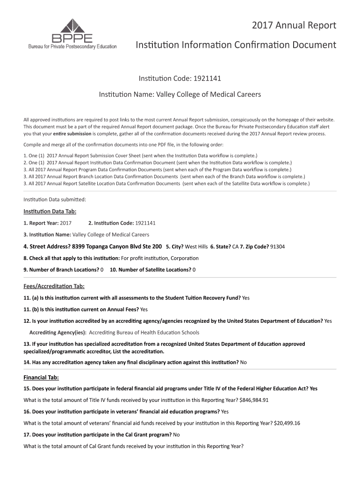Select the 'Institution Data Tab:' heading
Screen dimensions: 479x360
point(46,211)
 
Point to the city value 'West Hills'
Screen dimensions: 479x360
point(196,247)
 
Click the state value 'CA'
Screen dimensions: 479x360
point(235,247)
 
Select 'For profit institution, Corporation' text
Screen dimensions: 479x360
point(159,258)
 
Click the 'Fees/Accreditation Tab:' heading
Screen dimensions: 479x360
point(54,286)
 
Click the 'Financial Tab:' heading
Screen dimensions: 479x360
point(41,377)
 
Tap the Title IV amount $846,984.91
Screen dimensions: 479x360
point(254,400)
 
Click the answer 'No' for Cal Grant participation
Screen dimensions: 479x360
point(176,435)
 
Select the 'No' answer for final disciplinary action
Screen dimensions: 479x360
point(243,362)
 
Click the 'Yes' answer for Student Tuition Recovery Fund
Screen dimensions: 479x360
point(246,298)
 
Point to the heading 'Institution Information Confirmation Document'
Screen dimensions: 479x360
point(236,45)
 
